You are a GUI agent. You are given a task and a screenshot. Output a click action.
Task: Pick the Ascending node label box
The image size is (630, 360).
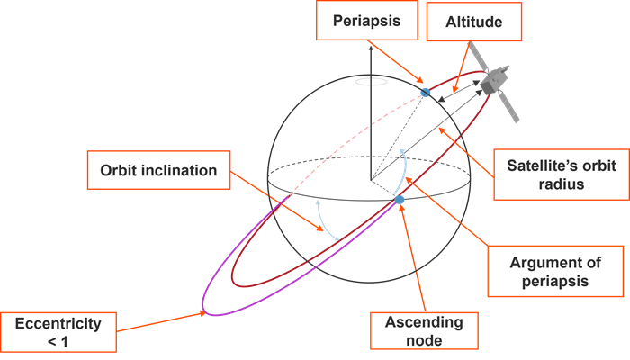click(423, 330)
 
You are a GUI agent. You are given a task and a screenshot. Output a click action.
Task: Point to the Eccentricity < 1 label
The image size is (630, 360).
click(58, 330)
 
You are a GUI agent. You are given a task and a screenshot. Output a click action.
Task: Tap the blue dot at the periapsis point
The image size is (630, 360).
click(426, 92)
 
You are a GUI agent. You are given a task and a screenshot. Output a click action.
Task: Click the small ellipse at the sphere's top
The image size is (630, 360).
click(371, 83)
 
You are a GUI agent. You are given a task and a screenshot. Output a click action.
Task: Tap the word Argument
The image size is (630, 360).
click(526, 262)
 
